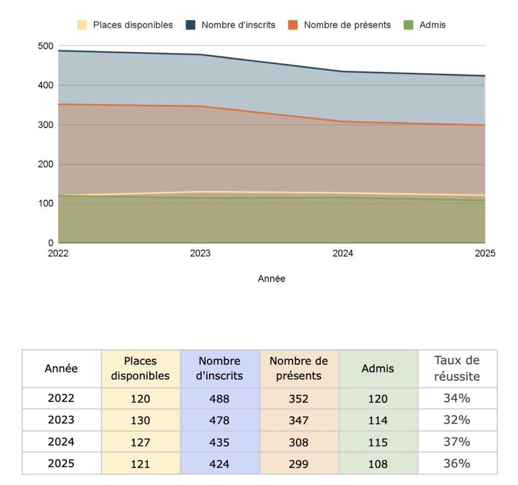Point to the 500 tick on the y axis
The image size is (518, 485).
[x=46, y=46]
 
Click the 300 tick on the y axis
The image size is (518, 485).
[x=46, y=125]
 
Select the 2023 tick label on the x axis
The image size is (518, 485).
[x=200, y=254]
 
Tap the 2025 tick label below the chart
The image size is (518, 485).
[x=485, y=254]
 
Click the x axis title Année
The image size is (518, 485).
[x=272, y=278]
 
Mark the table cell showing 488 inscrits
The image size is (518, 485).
[x=220, y=399]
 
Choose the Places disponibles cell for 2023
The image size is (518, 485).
[x=141, y=420]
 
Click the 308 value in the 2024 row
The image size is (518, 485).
[x=298, y=442]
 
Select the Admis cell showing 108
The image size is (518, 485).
[x=378, y=464]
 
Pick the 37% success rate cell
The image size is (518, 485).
[x=457, y=442]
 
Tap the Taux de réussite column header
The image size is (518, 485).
[x=457, y=368]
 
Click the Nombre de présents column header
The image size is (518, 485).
[x=298, y=368]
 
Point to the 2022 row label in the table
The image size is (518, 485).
[x=61, y=399]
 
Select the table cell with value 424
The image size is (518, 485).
[x=220, y=464]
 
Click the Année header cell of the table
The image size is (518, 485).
[x=61, y=368]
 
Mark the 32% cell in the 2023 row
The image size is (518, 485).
[x=457, y=420]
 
